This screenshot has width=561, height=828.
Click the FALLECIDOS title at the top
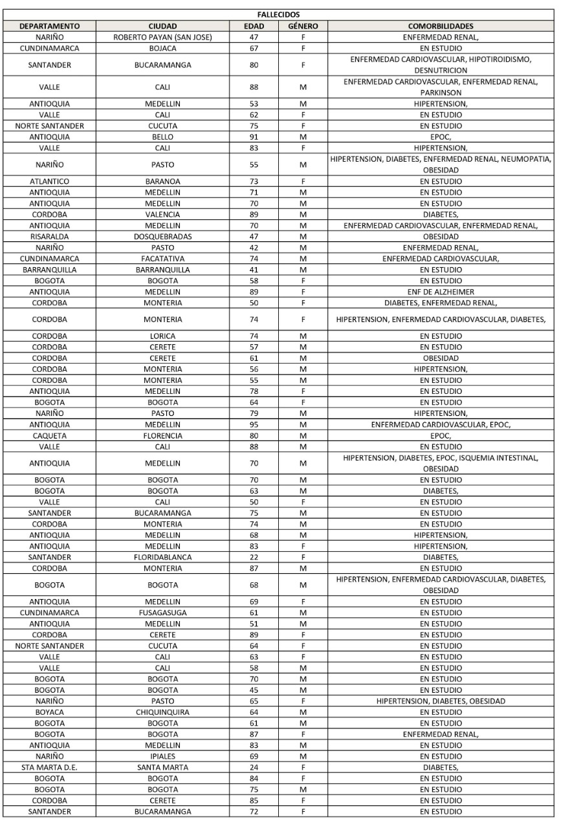pyautogui.click(x=280, y=16)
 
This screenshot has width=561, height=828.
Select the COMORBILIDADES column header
pyautogui.click(x=441, y=27)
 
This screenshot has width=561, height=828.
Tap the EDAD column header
pyautogui.click(x=254, y=27)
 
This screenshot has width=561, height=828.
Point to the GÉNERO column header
pyautogui.click(x=302, y=27)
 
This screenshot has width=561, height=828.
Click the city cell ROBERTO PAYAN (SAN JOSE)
pyautogui.click(x=163, y=38)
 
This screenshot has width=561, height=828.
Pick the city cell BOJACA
pyautogui.click(x=163, y=49)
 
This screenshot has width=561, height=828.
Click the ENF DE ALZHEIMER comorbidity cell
pyautogui.click(x=441, y=292)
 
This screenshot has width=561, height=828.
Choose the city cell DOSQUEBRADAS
pyautogui.click(x=163, y=237)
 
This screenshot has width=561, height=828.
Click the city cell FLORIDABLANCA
pyautogui.click(x=163, y=557)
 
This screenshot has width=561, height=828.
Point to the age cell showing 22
pyautogui.click(x=254, y=557)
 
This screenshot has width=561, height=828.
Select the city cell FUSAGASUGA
pyautogui.click(x=163, y=613)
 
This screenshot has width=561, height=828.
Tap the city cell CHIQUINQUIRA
pyautogui.click(x=163, y=712)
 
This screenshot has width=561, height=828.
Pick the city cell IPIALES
pyautogui.click(x=163, y=756)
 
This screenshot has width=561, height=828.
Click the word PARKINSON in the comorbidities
pyautogui.click(x=441, y=93)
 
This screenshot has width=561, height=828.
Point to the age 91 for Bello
pyautogui.click(x=254, y=137)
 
